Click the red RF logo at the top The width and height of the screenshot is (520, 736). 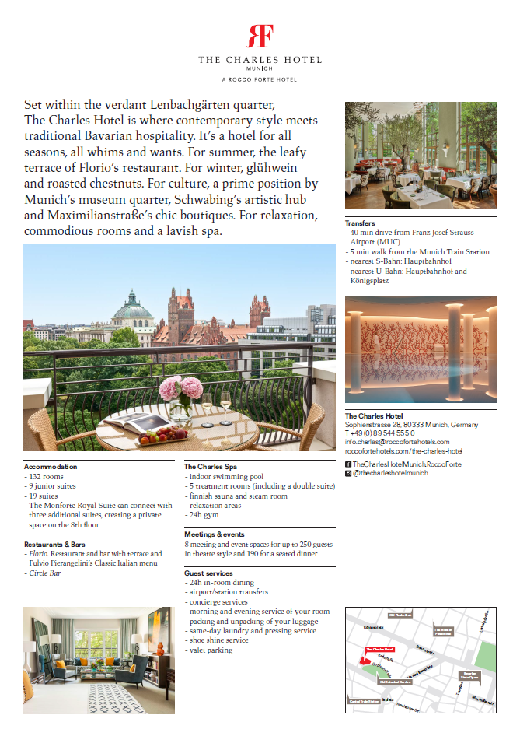pos(260,37)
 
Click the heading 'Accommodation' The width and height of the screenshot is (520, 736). pos(51,467)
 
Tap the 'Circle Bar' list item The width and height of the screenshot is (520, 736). pos(45,573)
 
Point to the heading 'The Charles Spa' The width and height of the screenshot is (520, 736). pos(211,467)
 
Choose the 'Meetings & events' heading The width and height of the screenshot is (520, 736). pos(215,534)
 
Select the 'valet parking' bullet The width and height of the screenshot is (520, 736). pos(210,650)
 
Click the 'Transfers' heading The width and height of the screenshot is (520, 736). pos(360,223)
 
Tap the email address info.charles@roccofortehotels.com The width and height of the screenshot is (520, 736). pos(397,442)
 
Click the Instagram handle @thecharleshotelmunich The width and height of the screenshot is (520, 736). pos(391,473)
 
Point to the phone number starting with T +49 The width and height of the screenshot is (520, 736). pos(381,433)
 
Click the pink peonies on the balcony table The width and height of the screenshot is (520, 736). pos(181,389)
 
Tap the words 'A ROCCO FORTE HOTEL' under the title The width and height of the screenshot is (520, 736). pos(260,79)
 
